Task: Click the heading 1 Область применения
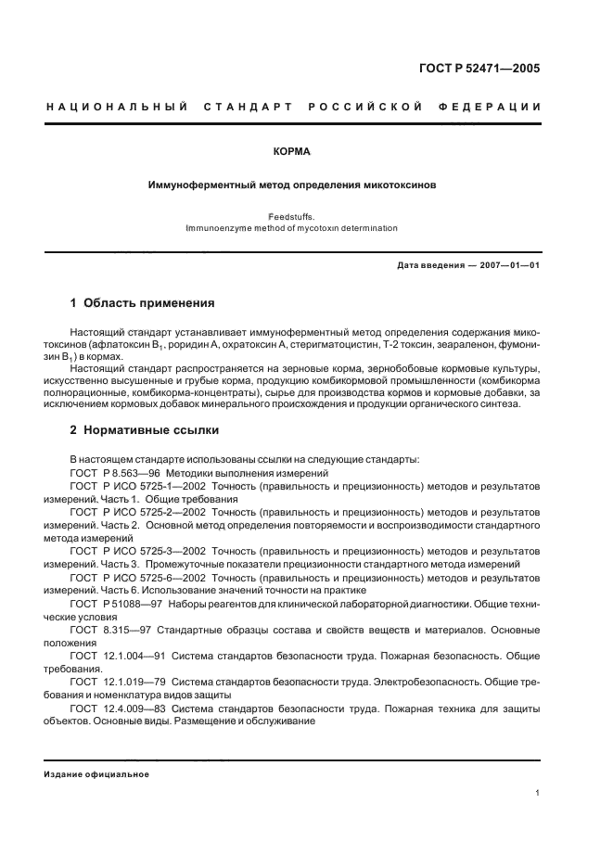coord(143,303)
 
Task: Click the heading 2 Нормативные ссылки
coord(146,431)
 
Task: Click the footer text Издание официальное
coord(96,774)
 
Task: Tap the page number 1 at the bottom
coord(538,793)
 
